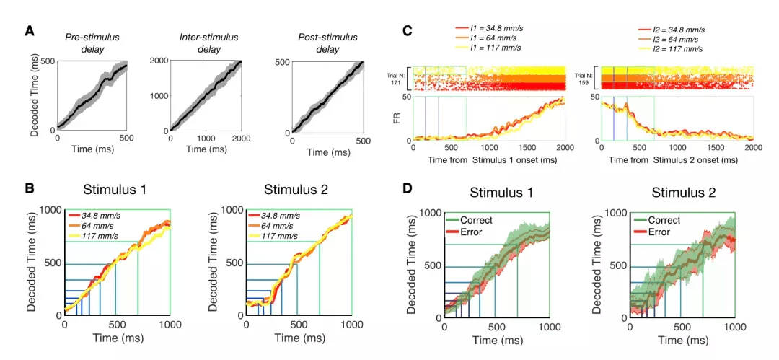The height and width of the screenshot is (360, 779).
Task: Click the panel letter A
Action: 29,31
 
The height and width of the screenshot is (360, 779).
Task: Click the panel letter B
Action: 30,188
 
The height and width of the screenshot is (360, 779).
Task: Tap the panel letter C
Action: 408,31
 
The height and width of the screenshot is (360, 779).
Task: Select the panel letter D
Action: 408,188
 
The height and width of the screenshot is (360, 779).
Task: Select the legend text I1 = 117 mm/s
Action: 491,48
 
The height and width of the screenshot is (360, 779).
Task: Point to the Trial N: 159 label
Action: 586,79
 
